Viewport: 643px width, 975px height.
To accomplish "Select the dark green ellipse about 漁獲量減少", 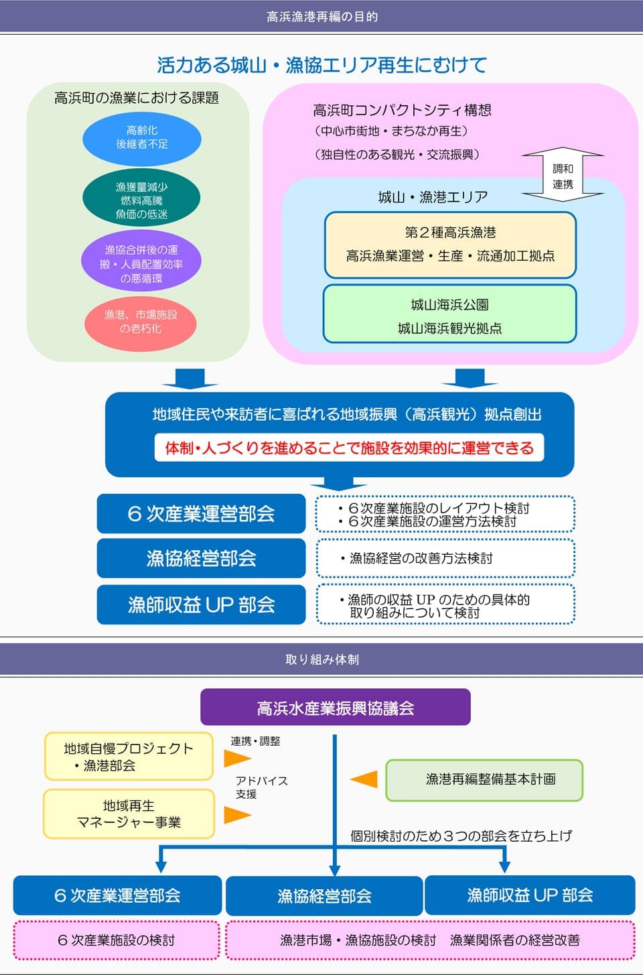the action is click(x=141, y=198).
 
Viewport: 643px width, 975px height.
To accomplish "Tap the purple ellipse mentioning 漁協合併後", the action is click(x=141, y=261).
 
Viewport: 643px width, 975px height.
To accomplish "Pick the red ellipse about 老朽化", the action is click(x=141, y=323).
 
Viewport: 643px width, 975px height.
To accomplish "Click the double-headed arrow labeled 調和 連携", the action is click(x=563, y=174).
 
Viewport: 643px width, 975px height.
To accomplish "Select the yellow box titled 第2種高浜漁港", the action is click(x=450, y=245).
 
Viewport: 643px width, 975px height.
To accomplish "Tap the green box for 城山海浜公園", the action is click(x=450, y=314).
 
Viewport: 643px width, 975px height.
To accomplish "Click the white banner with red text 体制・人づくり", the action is click(x=349, y=447).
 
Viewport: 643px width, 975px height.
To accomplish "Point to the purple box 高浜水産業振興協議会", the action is click(x=336, y=707).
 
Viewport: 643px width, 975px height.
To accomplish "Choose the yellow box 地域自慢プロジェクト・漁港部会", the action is click(x=129, y=757).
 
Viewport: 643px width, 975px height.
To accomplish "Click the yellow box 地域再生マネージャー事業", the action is click(x=129, y=814).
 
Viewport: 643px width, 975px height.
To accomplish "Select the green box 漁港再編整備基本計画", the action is click(x=484, y=780).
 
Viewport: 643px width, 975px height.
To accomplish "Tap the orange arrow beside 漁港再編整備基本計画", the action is click(x=364, y=779).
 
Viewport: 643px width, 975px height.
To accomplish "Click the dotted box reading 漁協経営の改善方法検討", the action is click(x=445, y=558).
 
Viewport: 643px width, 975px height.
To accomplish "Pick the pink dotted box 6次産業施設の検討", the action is click(x=117, y=940).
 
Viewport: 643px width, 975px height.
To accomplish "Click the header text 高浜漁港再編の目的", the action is click(x=322, y=17).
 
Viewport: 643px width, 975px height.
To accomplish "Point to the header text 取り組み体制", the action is click(x=322, y=660).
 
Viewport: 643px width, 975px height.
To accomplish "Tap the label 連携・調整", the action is click(x=255, y=741).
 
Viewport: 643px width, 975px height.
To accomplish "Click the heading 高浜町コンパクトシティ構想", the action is click(x=402, y=110).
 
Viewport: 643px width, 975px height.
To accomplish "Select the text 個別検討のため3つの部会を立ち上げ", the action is click(x=461, y=836).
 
